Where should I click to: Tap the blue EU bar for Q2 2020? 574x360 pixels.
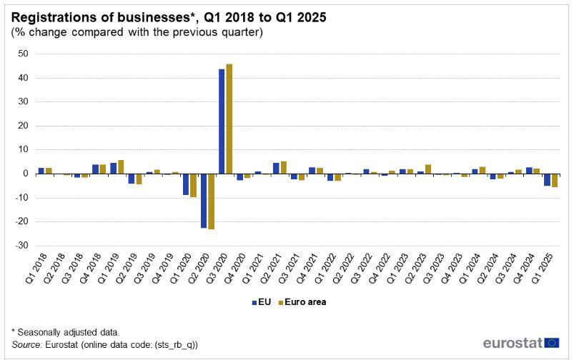[x=204, y=201]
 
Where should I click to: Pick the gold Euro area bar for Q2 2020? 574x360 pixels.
[x=211, y=201]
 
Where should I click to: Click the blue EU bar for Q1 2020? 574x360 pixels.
[x=186, y=184]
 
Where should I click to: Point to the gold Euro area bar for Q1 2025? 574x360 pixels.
[x=554, y=180]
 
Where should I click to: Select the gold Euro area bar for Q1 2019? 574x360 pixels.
[x=121, y=167]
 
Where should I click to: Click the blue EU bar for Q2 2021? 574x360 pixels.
[x=276, y=169]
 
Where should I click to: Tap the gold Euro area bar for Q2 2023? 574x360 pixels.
[x=427, y=169]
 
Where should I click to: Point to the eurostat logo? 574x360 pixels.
[x=520, y=343]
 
